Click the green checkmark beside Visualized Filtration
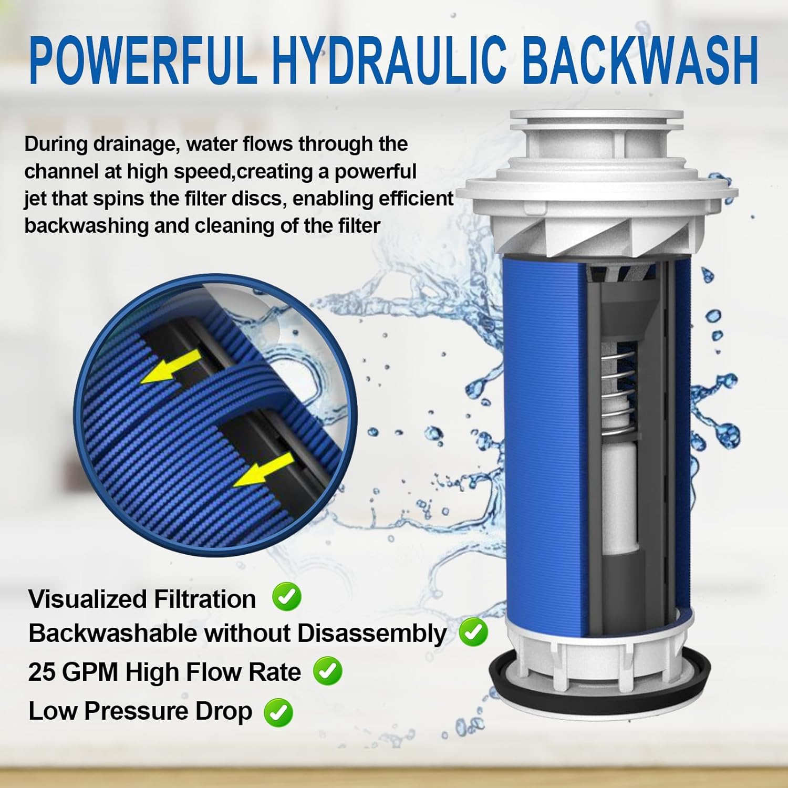pyautogui.click(x=287, y=597)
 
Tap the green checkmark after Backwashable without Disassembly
pyautogui.click(x=473, y=632)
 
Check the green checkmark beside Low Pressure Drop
pyautogui.click(x=278, y=712)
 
